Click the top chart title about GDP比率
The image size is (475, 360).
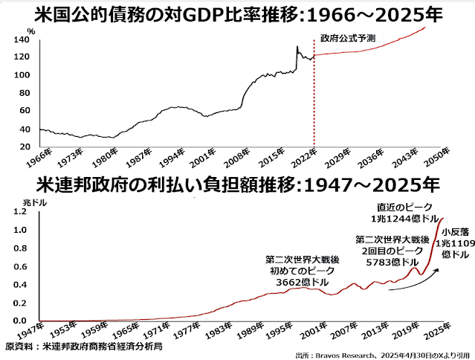coord(238,14)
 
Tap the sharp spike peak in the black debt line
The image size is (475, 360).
coord(297,47)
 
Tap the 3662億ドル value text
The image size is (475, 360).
coord(291,283)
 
